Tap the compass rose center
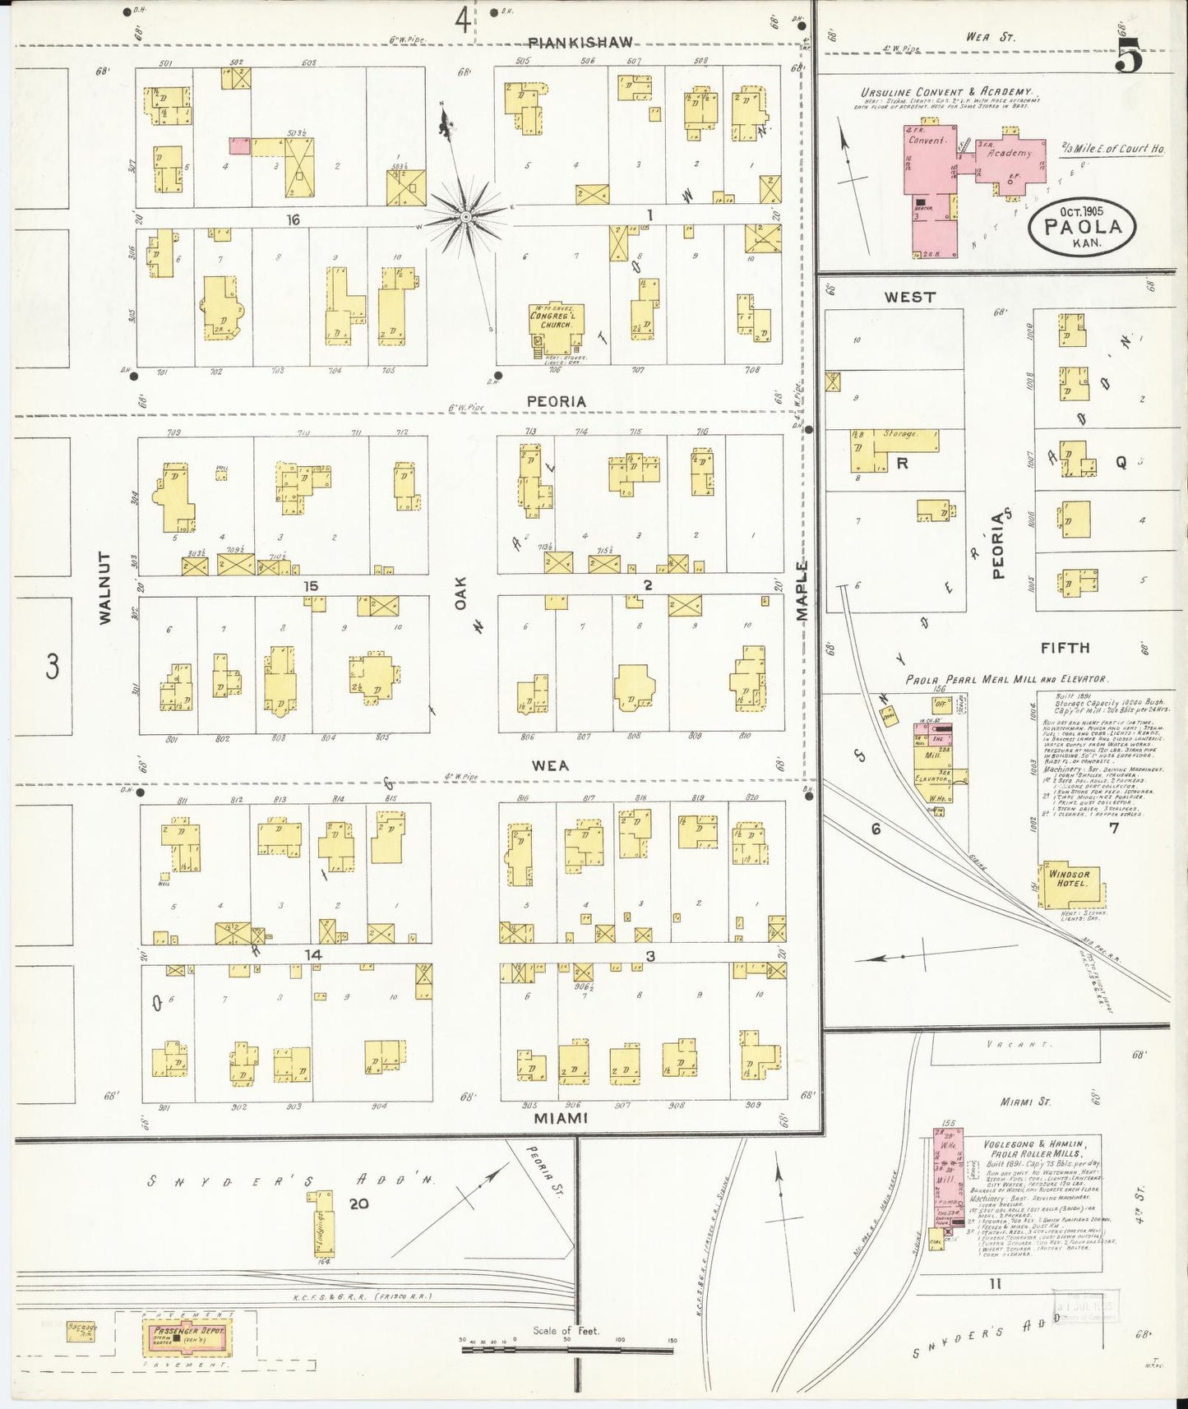pos(465,217)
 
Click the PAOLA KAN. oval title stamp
pos(1082,226)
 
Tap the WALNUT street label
pos(105,587)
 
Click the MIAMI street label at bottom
pos(561,1119)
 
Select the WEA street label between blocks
pos(550,765)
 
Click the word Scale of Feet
pos(566,1331)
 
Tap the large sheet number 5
pos(1129,58)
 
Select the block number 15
pos(310,586)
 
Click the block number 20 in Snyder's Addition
pos(358,1203)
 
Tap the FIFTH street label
pos(1065,648)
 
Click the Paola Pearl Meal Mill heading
pos(1005,680)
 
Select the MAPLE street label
pos(802,589)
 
